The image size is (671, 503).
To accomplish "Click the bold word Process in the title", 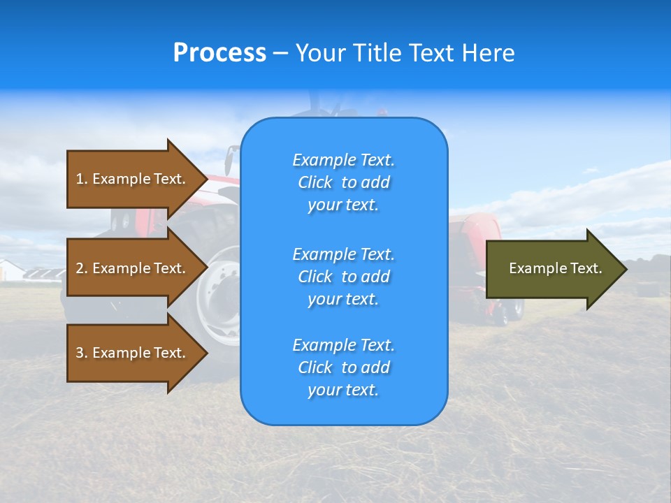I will click(x=219, y=53).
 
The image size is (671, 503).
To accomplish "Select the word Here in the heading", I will click(x=487, y=53).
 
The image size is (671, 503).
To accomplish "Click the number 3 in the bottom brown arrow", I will click(x=80, y=353).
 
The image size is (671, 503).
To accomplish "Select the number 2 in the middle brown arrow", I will click(x=80, y=268).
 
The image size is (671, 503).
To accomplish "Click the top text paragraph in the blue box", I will click(x=343, y=182).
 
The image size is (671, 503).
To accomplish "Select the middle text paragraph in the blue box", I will click(x=343, y=277).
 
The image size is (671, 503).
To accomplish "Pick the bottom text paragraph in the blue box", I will click(x=343, y=367).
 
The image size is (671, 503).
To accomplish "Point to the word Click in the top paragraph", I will click(x=315, y=182).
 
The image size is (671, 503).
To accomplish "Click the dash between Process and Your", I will click(x=280, y=53).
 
